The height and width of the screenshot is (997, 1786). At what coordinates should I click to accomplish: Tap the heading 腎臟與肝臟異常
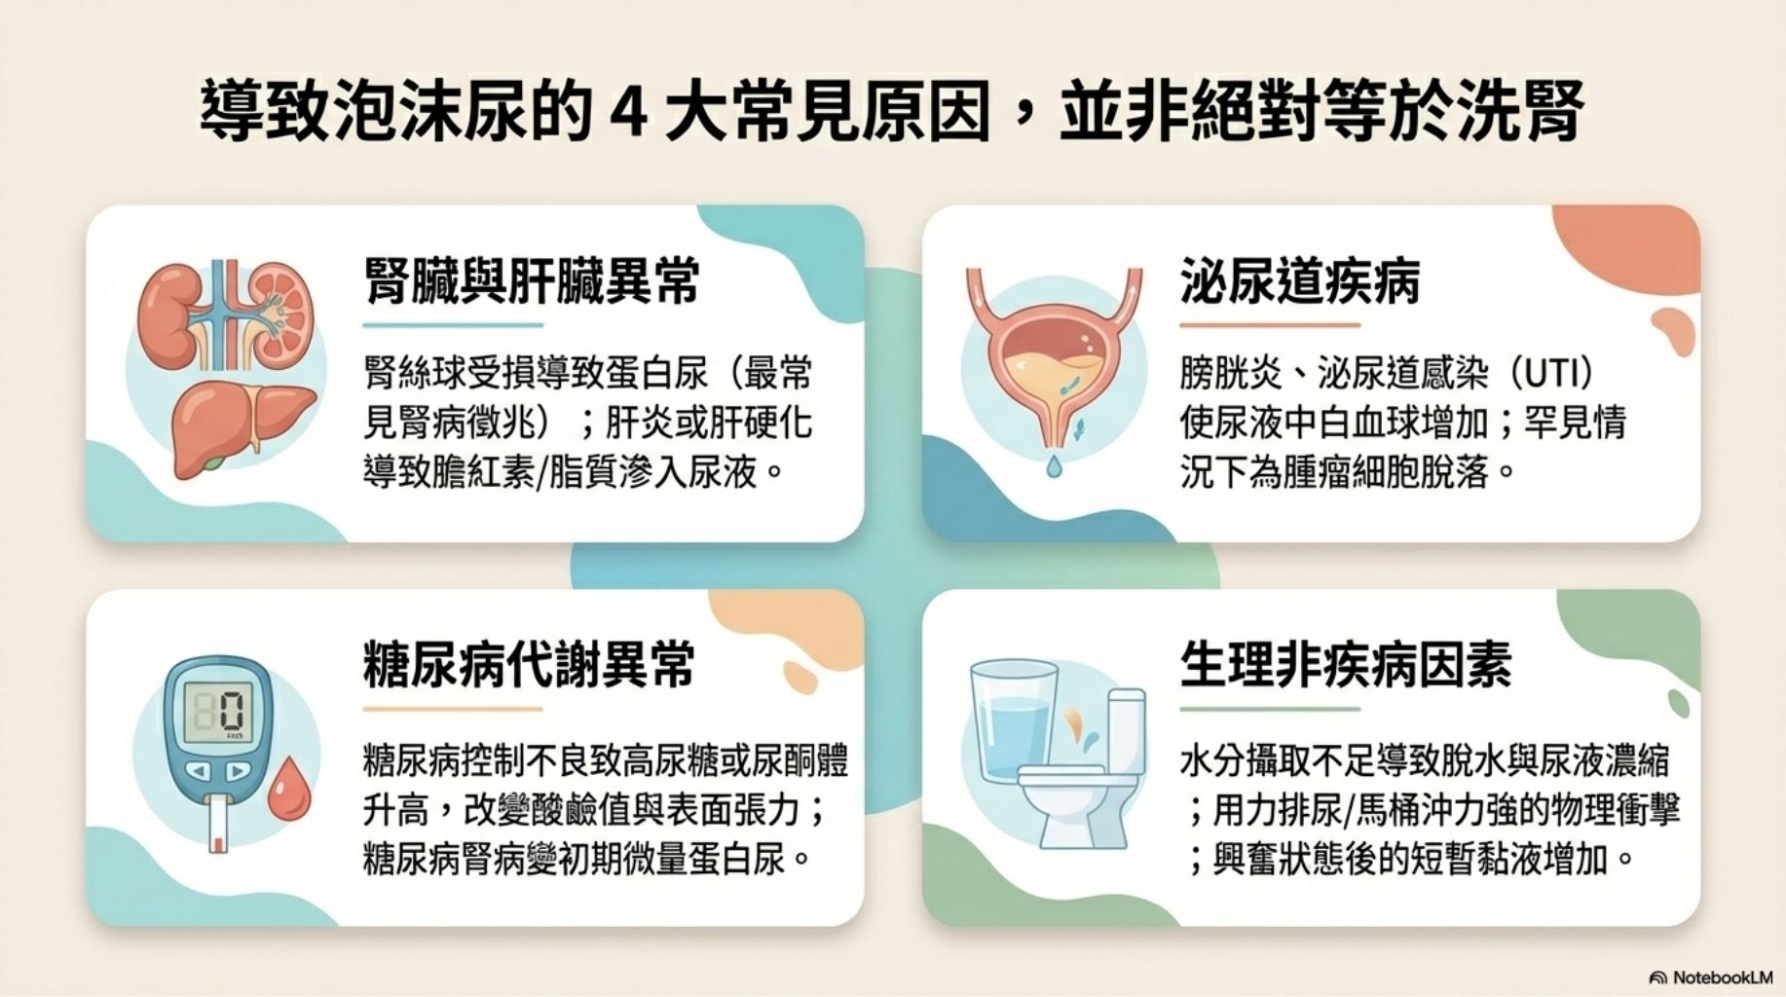coord(533,280)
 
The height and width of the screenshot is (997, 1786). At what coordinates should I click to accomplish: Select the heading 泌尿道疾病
coord(1300,280)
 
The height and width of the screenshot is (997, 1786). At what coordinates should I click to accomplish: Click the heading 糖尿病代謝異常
coord(529,665)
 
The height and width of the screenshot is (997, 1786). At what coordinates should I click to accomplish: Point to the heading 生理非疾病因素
coord(1346,665)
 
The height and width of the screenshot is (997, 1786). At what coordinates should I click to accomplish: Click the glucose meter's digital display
coord(220,710)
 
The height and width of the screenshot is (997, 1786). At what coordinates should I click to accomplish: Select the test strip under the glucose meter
coord(219,825)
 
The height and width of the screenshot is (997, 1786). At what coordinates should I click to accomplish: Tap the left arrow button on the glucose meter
coord(198,771)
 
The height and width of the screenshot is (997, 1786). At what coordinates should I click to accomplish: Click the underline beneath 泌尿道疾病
coord(1269,325)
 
